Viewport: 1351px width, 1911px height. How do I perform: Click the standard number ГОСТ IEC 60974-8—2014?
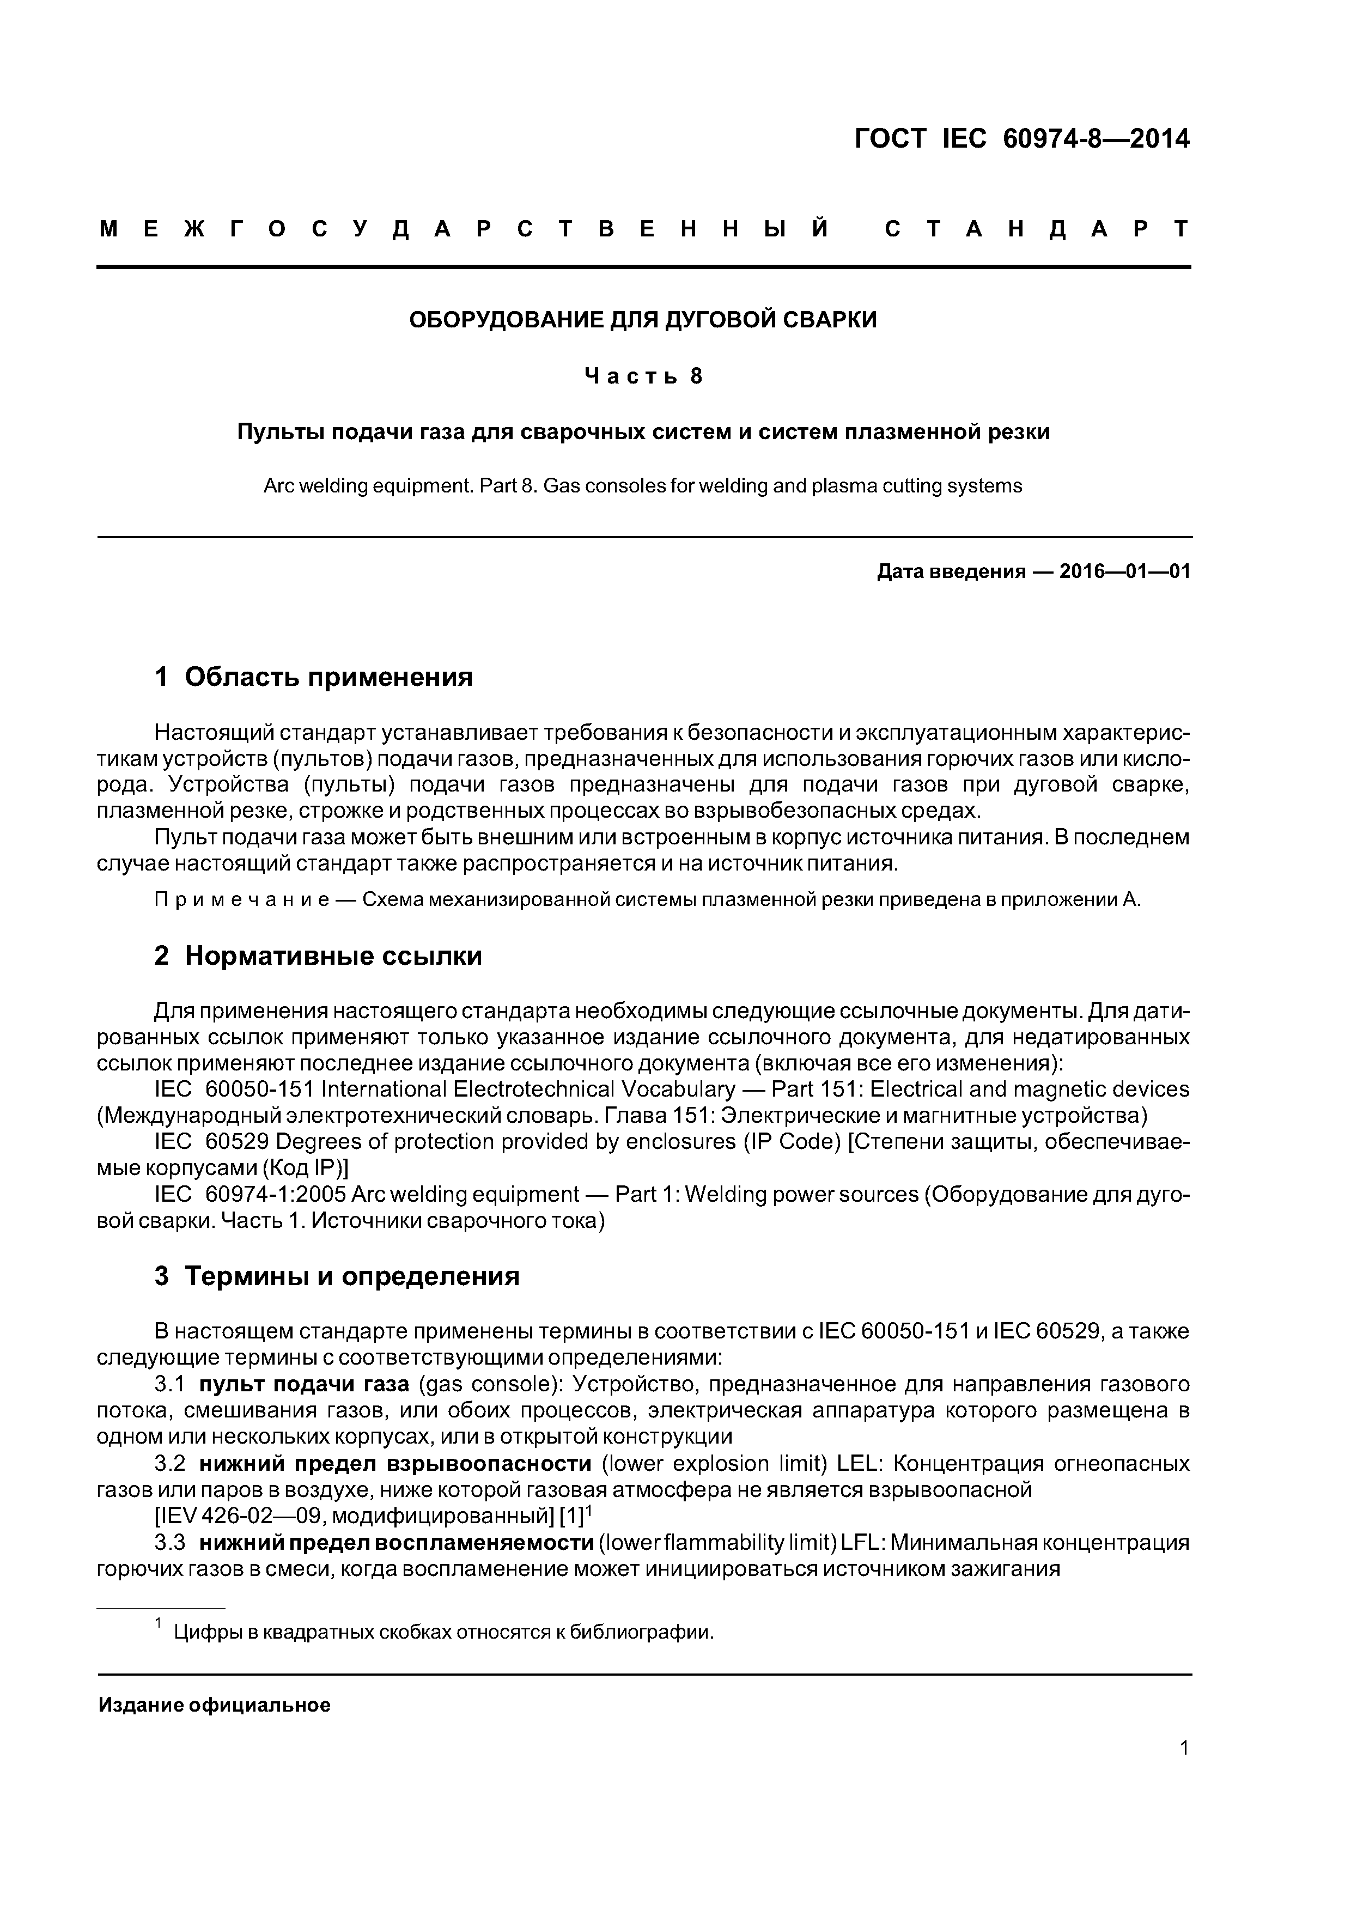(x=1021, y=139)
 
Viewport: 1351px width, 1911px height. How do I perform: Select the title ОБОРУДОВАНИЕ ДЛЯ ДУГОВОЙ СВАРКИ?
(x=643, y=320)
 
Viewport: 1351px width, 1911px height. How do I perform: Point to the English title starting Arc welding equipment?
(x=643, y=485)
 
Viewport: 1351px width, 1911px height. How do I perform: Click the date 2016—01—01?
(x=1124, y=572)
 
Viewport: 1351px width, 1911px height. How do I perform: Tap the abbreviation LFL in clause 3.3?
(x=862, y=1542)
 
